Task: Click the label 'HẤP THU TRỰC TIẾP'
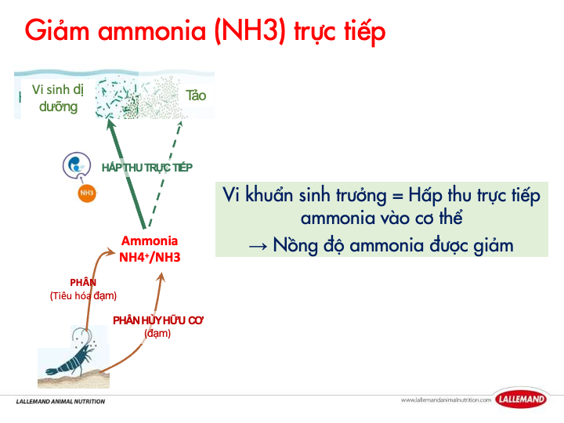(x=147, y=167)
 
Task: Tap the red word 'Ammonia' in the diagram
(x=149, y=241)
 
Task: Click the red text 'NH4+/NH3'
(x=149, y=256)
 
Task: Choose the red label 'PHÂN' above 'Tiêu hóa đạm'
(x=83, y=282)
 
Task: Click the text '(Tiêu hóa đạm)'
(x=83, y=295)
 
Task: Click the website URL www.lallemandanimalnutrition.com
(x=445, y=400)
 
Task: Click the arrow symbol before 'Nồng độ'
(x=258, y=245)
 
